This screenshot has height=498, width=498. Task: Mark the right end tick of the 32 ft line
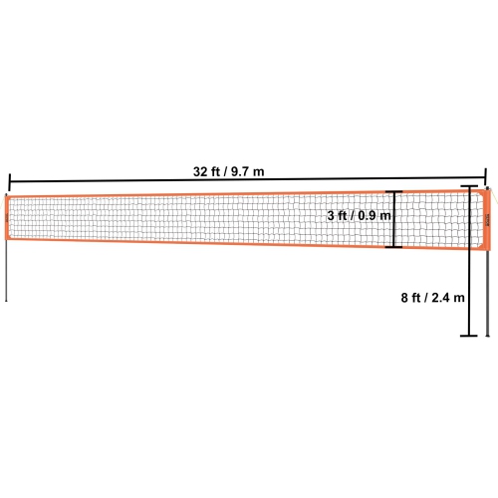tap(486, 172)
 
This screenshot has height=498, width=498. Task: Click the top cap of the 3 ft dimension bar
tap(395, 191)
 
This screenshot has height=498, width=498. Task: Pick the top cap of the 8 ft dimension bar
tap(469, 185)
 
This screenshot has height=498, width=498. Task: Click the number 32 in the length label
tap(201, 170)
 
